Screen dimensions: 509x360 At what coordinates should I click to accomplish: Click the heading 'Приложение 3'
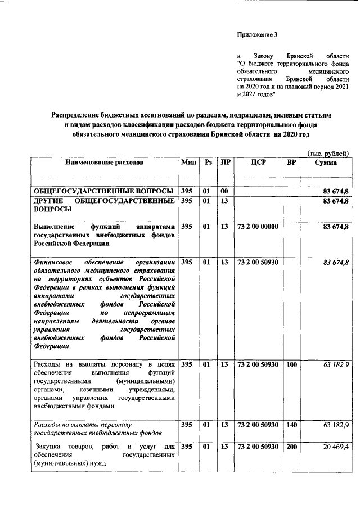(x=258, y=35)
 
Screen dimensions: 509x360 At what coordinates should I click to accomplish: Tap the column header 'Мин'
(x=189, y=163)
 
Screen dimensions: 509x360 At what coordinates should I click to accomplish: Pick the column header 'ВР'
(x=291, y=163)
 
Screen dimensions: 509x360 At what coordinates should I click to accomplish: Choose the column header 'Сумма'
(x=326, y=163)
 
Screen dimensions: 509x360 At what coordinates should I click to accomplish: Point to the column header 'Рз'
(x=208, y=163)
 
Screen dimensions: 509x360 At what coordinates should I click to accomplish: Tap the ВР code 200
(x=291, y=447)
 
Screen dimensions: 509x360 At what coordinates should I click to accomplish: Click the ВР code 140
(x=291, y=425)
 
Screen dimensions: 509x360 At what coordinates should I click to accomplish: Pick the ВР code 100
(x=291, y=364)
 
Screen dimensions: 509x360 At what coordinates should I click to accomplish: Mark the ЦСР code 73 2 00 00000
(x=259, y=226)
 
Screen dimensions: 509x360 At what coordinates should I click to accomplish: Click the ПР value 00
(x=224, y=191)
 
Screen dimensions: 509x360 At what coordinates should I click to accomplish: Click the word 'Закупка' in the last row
(x=46, y=447)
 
